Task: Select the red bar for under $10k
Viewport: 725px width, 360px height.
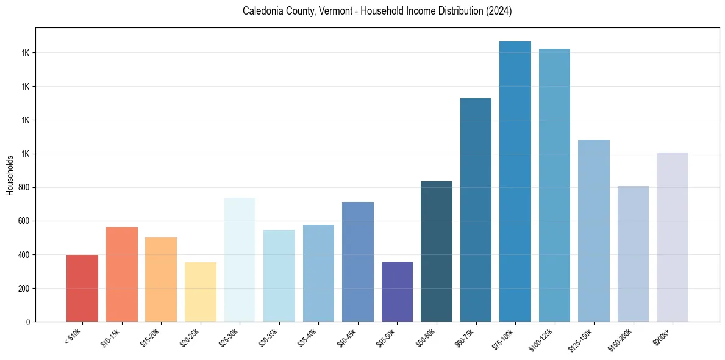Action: pyautogui.click(x=82, y=288)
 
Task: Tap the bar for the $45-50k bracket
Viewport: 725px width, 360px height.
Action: pyautogui.click(x=397, y=291)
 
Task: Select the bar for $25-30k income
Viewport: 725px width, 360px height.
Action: pyautogui.click(x=240, y=259)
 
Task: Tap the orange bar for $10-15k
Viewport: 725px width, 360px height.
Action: pyautogui.click(x=122, y=274)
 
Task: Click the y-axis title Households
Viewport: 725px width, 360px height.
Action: pyautogui.click(x=10, y=175)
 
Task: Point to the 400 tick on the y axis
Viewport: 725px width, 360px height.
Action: pyautogui.click(x=25, y=254)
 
